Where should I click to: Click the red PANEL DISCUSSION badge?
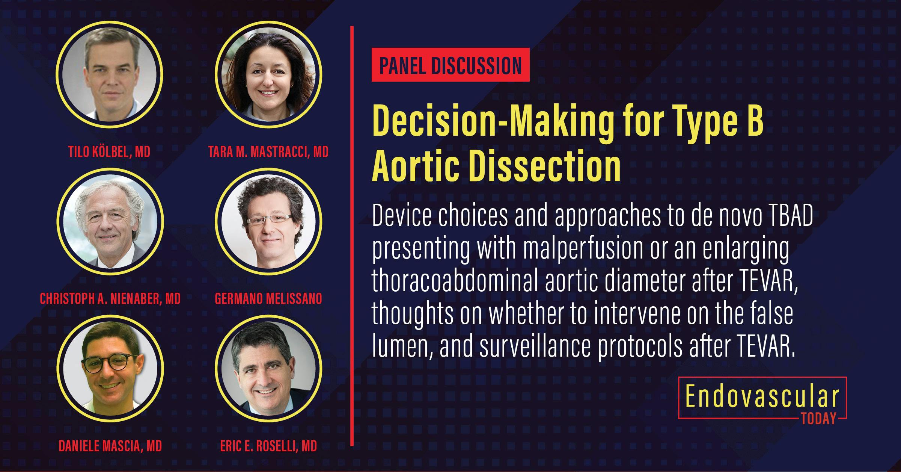coord(450,65)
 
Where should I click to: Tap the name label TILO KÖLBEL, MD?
coord(109,152)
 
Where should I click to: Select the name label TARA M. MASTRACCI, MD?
coord(268,152)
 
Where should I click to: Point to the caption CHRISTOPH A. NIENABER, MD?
coord(110,299)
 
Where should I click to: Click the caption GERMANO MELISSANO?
coord(268,299)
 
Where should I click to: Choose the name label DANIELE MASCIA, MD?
coord(110,446)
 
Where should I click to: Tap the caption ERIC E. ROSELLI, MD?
coord(268,446)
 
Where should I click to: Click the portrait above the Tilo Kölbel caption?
coord(110,74)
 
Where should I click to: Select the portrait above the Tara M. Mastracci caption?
coord(268,74)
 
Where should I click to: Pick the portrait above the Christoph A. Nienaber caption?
coord(110,221)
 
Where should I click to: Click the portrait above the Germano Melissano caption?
coord(268,221)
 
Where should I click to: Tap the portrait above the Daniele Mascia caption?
coord(110,368)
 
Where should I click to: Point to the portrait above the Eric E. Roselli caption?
coord(268,368)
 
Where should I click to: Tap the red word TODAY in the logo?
coord(818,419)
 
